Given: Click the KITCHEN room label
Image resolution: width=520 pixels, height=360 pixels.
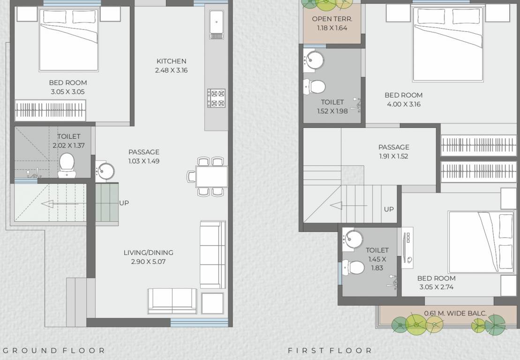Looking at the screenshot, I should [x=171, y=61].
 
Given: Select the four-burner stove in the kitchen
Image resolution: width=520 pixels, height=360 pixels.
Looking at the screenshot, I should [x=216, y=98].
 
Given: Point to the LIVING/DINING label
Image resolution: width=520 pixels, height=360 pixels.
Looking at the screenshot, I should [x=148, y=253].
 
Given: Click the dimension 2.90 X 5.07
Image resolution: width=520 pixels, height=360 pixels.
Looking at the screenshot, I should [x=148, y=262].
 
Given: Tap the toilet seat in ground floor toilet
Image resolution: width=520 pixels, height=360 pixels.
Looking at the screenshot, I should [x=67, y=164].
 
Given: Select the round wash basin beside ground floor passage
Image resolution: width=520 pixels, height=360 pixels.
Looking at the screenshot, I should [x=105, y=171].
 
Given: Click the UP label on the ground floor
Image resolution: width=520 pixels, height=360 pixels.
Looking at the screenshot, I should [x=124, y=203].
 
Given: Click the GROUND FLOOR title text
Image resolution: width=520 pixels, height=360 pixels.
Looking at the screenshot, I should [x=53, y=350].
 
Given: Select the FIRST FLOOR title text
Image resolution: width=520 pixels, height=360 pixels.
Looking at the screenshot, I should [x=330, y=350].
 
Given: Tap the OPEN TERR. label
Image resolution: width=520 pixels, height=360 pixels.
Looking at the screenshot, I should [x=332, y=19].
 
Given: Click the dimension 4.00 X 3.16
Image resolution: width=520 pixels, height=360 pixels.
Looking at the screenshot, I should [x=403, y=104].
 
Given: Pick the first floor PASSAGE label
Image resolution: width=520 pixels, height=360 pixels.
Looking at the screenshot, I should [x=393, y=147].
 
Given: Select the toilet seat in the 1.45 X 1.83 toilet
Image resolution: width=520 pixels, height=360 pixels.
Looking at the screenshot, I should [x=354, y=268].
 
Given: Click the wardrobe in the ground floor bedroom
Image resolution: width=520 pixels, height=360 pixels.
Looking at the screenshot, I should [x=50, y=111].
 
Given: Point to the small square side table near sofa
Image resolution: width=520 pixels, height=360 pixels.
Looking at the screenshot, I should [x=212, y=303].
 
